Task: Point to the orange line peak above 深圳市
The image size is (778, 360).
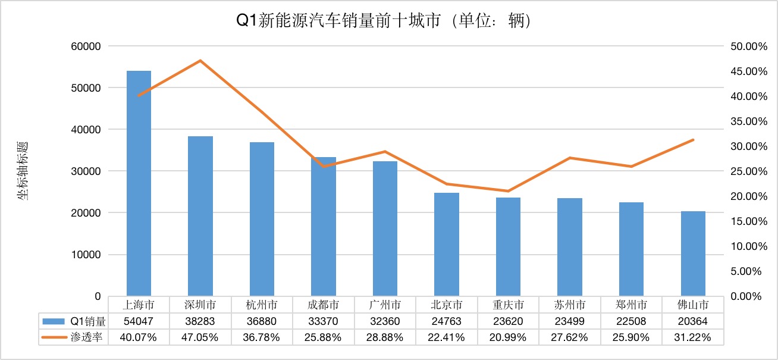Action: coord(200,61)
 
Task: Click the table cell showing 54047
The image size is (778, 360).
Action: coord(139,321)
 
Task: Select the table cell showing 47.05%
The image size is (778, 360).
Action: coord(200,337)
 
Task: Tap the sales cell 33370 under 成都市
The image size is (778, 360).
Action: coord(324,321)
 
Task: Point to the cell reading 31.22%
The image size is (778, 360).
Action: coord(693,337)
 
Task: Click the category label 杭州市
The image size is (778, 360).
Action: coord(262,305)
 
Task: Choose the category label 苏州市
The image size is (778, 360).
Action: coord(570,305)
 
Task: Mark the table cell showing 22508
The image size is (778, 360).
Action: coord(631,321)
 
